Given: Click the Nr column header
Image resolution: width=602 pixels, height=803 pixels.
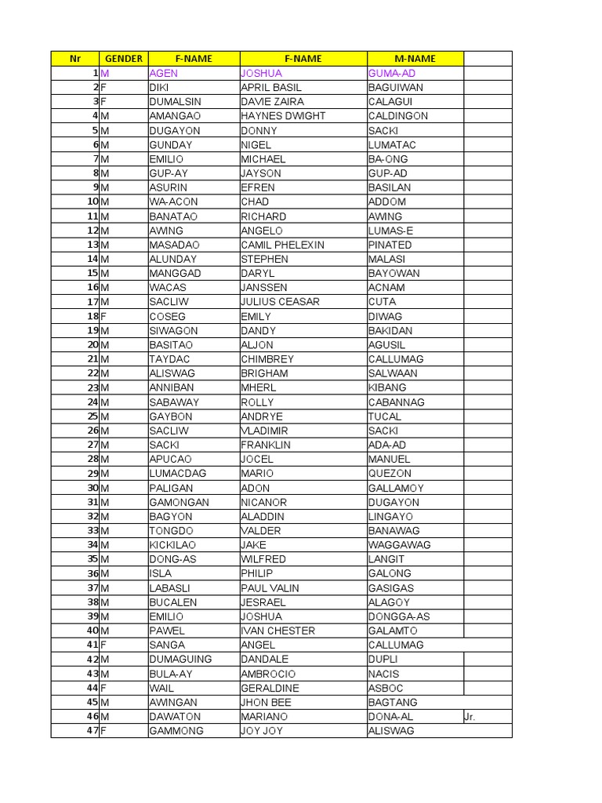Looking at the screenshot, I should point(75,59).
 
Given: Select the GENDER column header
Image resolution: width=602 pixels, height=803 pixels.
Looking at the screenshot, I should point(123,59).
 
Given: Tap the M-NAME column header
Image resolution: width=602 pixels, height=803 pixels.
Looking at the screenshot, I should point(415,59).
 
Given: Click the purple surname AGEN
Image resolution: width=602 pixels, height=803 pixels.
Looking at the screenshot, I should point(164,73).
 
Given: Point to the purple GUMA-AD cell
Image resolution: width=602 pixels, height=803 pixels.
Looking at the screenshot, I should point(392,73).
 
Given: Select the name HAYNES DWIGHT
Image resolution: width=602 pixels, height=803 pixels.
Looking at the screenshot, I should point(283,116).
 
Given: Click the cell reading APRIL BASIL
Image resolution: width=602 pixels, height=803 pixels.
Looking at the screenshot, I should point(271,88).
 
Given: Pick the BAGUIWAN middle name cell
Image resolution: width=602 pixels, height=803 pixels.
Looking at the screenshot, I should point(395,88).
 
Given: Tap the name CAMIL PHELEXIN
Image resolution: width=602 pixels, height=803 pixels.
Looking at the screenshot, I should point(282,245).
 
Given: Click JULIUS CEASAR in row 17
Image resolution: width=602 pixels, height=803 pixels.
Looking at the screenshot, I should point(280,302).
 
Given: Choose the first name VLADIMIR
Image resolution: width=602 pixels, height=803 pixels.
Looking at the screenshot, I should point(264,431).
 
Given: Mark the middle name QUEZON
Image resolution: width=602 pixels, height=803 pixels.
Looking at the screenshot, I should point(390,474).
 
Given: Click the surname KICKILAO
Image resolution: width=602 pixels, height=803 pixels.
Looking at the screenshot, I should point(172,545).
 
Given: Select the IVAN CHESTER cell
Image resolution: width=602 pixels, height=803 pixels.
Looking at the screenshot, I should point(277,630).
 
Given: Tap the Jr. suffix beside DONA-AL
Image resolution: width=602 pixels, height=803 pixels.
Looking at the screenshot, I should point(470,717).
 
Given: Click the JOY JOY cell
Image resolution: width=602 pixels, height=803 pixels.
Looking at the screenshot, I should point(262,731).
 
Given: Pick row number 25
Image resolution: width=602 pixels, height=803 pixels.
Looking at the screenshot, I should point(92,416).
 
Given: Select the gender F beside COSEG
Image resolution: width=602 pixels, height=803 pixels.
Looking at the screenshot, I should point(103,316).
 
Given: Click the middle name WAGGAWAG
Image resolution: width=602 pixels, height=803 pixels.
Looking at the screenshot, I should point(399,545).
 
